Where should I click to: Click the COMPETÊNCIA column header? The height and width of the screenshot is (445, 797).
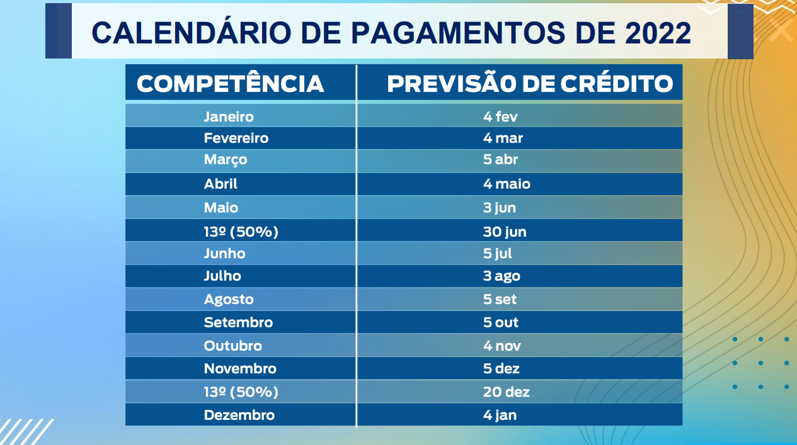pyautogui.click(x=230, y=84)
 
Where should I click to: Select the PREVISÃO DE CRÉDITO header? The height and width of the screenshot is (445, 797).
pyautogui.click(x=529, y=84)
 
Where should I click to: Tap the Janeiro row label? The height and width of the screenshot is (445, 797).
pyautogui.click(x=229, y=116)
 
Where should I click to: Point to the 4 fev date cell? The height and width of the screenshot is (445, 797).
pyautogui.click(x=500, y=116)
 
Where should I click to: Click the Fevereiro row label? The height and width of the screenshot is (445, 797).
pyautogui.click(x=236, y=138)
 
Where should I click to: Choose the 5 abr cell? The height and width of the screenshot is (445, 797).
pyautogui.click(x=500, y=159)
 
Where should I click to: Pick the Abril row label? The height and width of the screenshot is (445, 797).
pyautogui.click(x=221, y=184)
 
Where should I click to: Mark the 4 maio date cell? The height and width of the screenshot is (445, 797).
pyautogui.click(x=507, y=184)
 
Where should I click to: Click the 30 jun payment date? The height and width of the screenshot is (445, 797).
pyautogui.click(x=505, y=232)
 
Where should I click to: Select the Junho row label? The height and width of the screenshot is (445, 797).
pyautogui.click(x=224, y=254)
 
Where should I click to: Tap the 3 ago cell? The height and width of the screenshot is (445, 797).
pyautogui.click(x=502, y=276)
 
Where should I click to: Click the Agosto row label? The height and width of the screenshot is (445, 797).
pyautogui.click(x=229, y=300)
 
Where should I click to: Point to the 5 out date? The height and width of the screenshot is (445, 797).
pyautogui.click(x=501, y=322)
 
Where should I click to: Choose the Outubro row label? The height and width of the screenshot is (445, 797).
pyautogui.click(x=232, y=346)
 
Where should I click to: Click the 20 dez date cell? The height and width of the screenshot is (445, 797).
pyautogui.click(x=506, y=391)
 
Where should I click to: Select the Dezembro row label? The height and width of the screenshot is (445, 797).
pyautogui.click(x=239, y=415)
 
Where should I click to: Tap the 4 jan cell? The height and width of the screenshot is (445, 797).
pyautogui.click(x=500, y=415)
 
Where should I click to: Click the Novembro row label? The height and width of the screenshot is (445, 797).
pyautogui.click(x=240, y=368)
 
